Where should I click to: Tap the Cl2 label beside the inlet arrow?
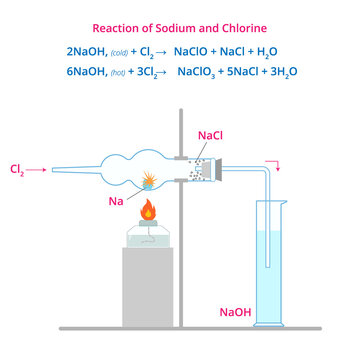[x=17, y=170]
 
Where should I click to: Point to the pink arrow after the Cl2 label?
[x=37, y=170]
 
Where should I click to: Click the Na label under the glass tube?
[x=117, y=201]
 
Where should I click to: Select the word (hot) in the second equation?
[x=109, y=73]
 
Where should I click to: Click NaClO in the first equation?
[x=193, y=51]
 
